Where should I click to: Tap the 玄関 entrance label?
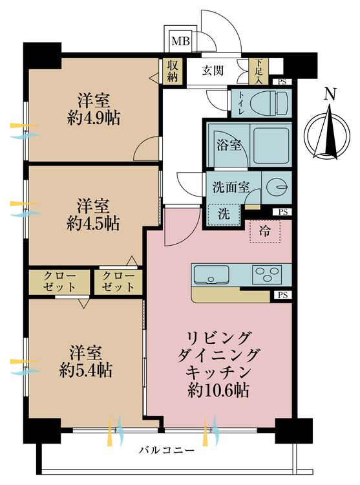coord(214,70)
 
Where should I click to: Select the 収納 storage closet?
coord(173,70)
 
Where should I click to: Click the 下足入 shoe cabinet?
coord(259,71)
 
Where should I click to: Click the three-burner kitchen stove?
coord(267,274)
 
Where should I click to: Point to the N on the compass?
coord(330,94)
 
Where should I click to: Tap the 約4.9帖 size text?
coord(93,118)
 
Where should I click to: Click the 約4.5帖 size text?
coord(93,224)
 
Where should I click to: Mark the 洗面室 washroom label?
coord(231,187)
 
